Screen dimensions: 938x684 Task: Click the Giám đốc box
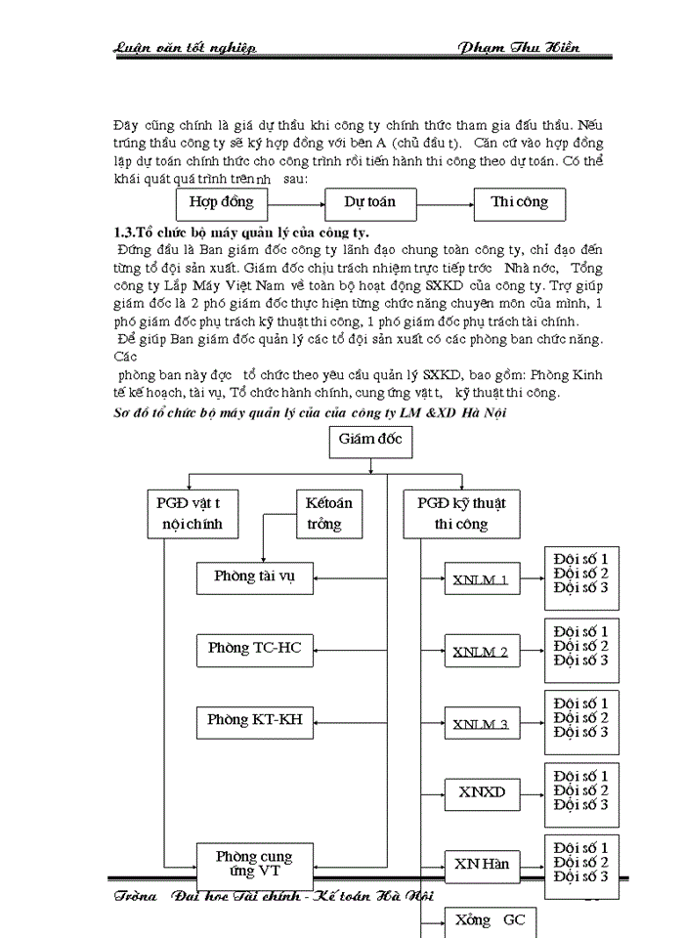coord(369,441)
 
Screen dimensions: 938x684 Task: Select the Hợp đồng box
coord(221,203)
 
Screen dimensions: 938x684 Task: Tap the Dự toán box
coord(369,203)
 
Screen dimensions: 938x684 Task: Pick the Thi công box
coord(520,203)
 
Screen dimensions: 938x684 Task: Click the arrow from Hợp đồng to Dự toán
coord(295,204)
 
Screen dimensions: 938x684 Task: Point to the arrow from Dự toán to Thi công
coord(445,204)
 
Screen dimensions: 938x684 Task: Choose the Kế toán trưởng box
coord(328,513)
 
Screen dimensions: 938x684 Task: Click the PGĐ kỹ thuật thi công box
coord(461,513)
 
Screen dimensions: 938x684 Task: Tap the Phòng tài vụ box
coord(255,577)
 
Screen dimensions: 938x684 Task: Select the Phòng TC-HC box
coord(255,648)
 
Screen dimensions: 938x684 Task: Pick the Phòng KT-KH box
coord(255,721)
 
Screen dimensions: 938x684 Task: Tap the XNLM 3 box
coord(481,724)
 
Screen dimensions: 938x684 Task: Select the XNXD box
coord(481,792)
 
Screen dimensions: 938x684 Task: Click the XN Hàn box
coord(481,865)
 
